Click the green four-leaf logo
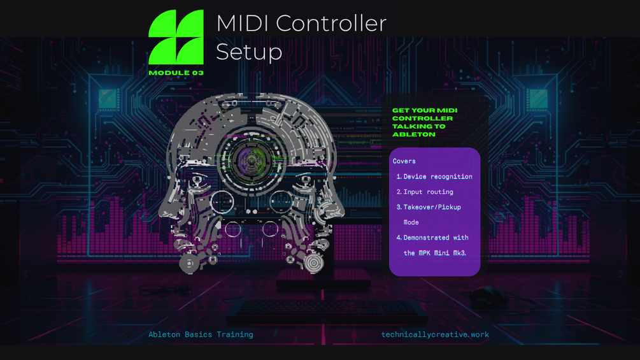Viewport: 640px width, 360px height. [176, 37]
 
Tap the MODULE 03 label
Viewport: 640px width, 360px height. [176, 73]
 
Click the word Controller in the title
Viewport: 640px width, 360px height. [331, 24]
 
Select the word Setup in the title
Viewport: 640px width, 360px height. [249, 52]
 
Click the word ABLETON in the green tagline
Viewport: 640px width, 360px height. [414, 134]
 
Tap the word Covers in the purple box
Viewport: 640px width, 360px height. [404, 161]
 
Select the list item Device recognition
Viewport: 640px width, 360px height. [437, 176]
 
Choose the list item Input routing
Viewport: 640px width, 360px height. [428, 192]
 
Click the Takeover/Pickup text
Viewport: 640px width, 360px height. [432, 207]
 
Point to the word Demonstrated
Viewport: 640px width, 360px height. [426, 238]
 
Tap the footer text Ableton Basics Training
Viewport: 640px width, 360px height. [201, 335]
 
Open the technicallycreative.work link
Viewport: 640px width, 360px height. [435, 335]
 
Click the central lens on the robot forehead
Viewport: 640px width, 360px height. [252, 161]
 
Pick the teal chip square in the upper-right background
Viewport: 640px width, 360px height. [538, 98]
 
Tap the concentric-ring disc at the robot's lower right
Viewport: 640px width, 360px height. [313, 263]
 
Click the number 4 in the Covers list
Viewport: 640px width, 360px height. [399, 238]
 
